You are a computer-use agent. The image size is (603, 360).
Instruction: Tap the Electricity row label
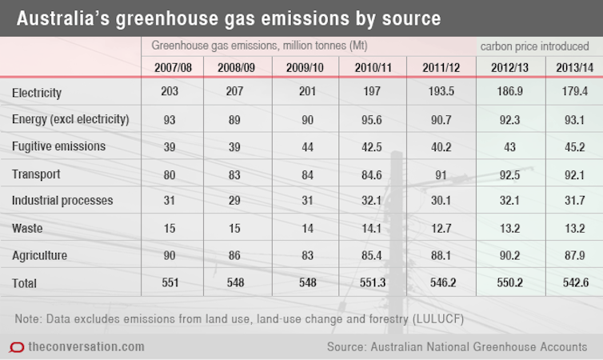pyautogui.click(x=37, y=94)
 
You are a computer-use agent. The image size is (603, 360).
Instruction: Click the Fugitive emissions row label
pyautogui.click(x=58, y=147)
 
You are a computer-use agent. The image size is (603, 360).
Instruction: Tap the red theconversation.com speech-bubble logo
pyautogui.click(x=16, y=347)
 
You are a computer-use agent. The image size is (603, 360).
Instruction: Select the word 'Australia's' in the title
pyautogui.click(x=61, y=17)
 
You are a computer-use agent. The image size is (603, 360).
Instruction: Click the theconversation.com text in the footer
pyautogui.click(x=86, y=346)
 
